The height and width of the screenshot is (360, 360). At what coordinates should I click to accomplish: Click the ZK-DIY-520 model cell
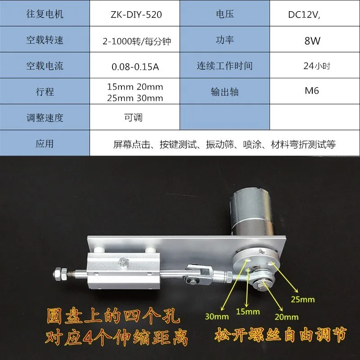coord(135,14)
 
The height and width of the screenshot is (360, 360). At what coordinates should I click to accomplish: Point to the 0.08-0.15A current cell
coord(135,67)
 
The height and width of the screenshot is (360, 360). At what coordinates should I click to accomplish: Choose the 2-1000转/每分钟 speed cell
coord(135,40)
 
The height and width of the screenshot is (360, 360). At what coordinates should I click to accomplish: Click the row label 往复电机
coord(45,14)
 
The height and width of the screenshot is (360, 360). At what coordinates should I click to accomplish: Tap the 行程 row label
coord(45,92)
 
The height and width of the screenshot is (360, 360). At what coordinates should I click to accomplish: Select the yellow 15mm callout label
coord(247,311)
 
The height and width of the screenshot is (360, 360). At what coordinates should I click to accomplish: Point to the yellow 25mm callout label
coord(302,299)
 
